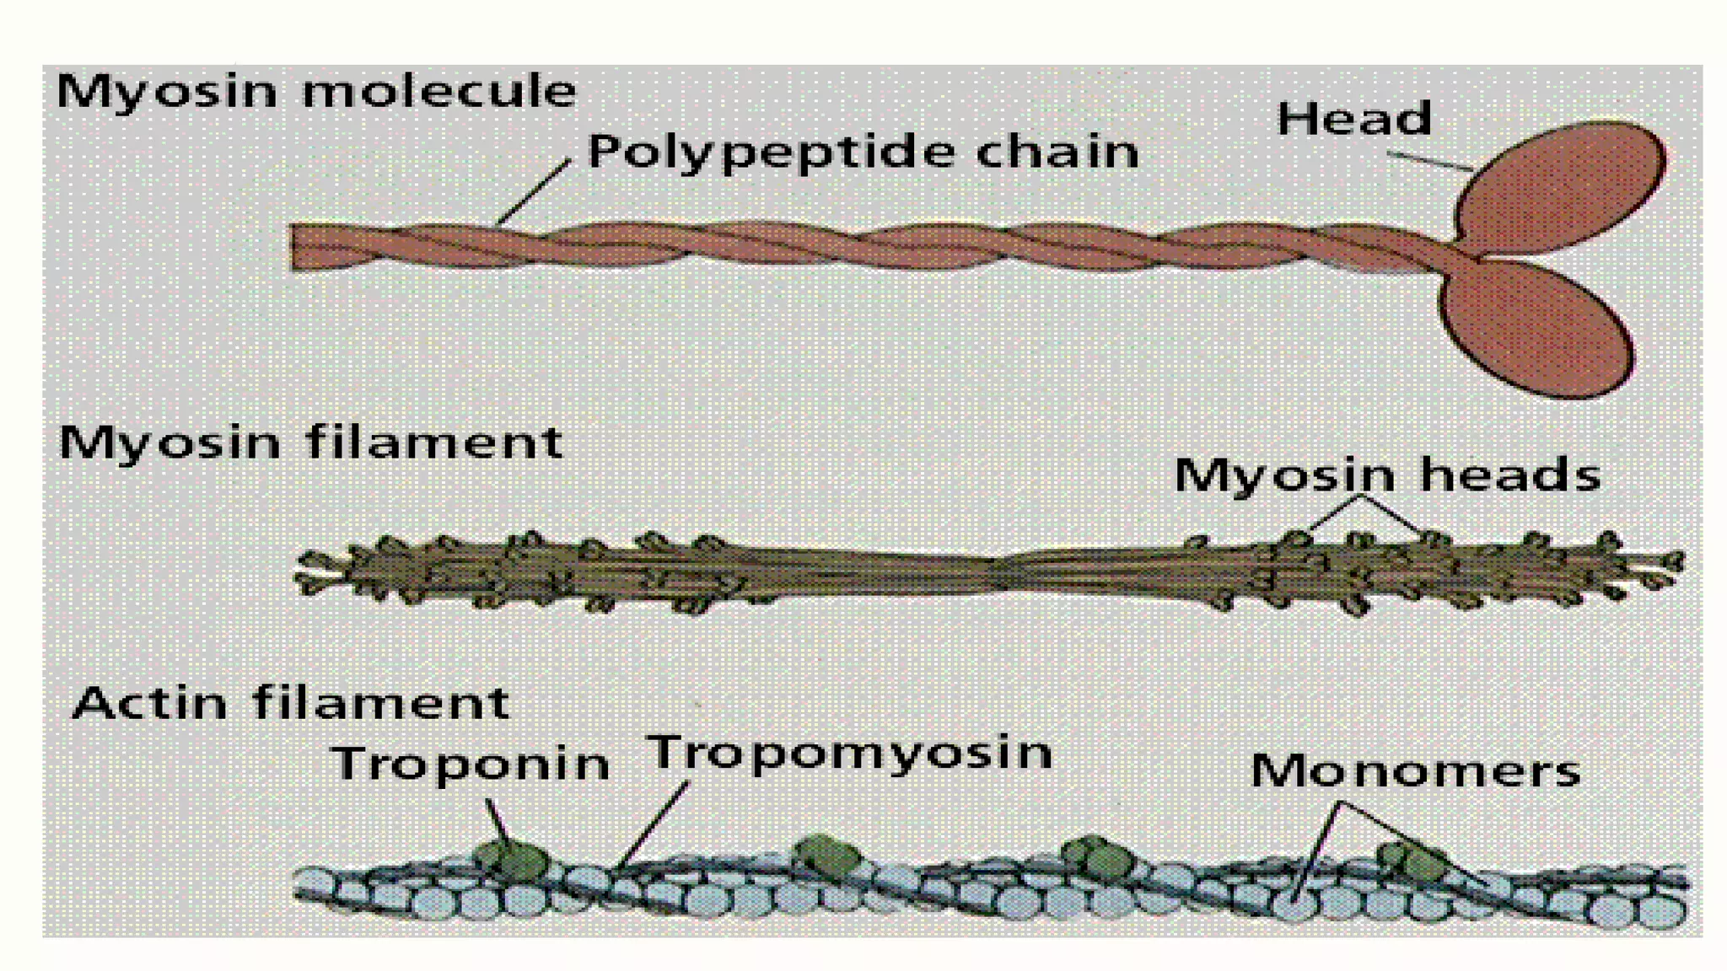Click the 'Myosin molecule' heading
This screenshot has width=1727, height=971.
click(316, 91)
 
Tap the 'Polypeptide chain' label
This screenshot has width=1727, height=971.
click(863, 153)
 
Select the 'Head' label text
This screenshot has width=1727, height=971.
click(1354, 119)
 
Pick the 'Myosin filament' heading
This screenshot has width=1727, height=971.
click(310, 443)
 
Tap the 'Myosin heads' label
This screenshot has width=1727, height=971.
click(1387, 475)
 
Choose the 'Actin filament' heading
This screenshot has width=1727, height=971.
click(292, 704)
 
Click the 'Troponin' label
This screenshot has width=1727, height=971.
click(471, 764)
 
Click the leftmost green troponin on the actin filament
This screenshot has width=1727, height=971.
click(511, 859)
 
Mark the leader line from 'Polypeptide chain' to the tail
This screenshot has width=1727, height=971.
click(533, 193)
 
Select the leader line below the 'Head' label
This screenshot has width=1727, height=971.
click(1429, 162)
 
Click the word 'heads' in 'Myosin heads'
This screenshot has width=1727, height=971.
click(1510, 475)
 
